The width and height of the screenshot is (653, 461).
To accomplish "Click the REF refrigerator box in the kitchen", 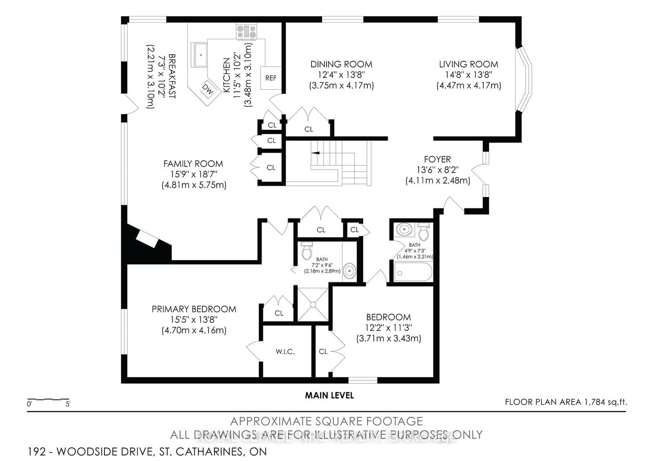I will [x=271, y=78].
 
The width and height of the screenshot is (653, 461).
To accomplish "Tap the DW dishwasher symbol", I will [x=208, y=89].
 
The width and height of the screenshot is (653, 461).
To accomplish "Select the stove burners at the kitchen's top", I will [x=247, y=32].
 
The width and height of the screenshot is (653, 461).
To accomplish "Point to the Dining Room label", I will [x=341, y=64].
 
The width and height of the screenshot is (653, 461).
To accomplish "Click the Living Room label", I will [x=469, y=64].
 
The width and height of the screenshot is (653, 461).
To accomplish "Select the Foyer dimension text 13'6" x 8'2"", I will [x=437, y=170].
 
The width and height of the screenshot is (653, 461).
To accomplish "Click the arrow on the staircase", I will [x=315, y=153].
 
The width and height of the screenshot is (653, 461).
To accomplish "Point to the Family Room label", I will [x=193, y=164].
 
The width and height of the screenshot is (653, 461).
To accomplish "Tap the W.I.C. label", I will [x=285, y=351].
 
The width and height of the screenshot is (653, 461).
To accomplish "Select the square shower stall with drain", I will [x=313, y=304].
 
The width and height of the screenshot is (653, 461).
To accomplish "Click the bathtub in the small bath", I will [x=413, y=272].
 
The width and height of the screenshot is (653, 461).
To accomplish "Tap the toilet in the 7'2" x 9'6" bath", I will [x=307, y=251].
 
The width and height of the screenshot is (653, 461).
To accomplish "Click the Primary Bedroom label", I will [x=194, y=309].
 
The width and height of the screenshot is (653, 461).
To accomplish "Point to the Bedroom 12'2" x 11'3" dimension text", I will [x=388, y=328].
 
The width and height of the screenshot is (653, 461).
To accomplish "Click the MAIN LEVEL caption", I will [x=329, y=395].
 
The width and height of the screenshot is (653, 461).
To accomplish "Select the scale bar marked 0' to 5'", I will [x=48, y=399].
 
